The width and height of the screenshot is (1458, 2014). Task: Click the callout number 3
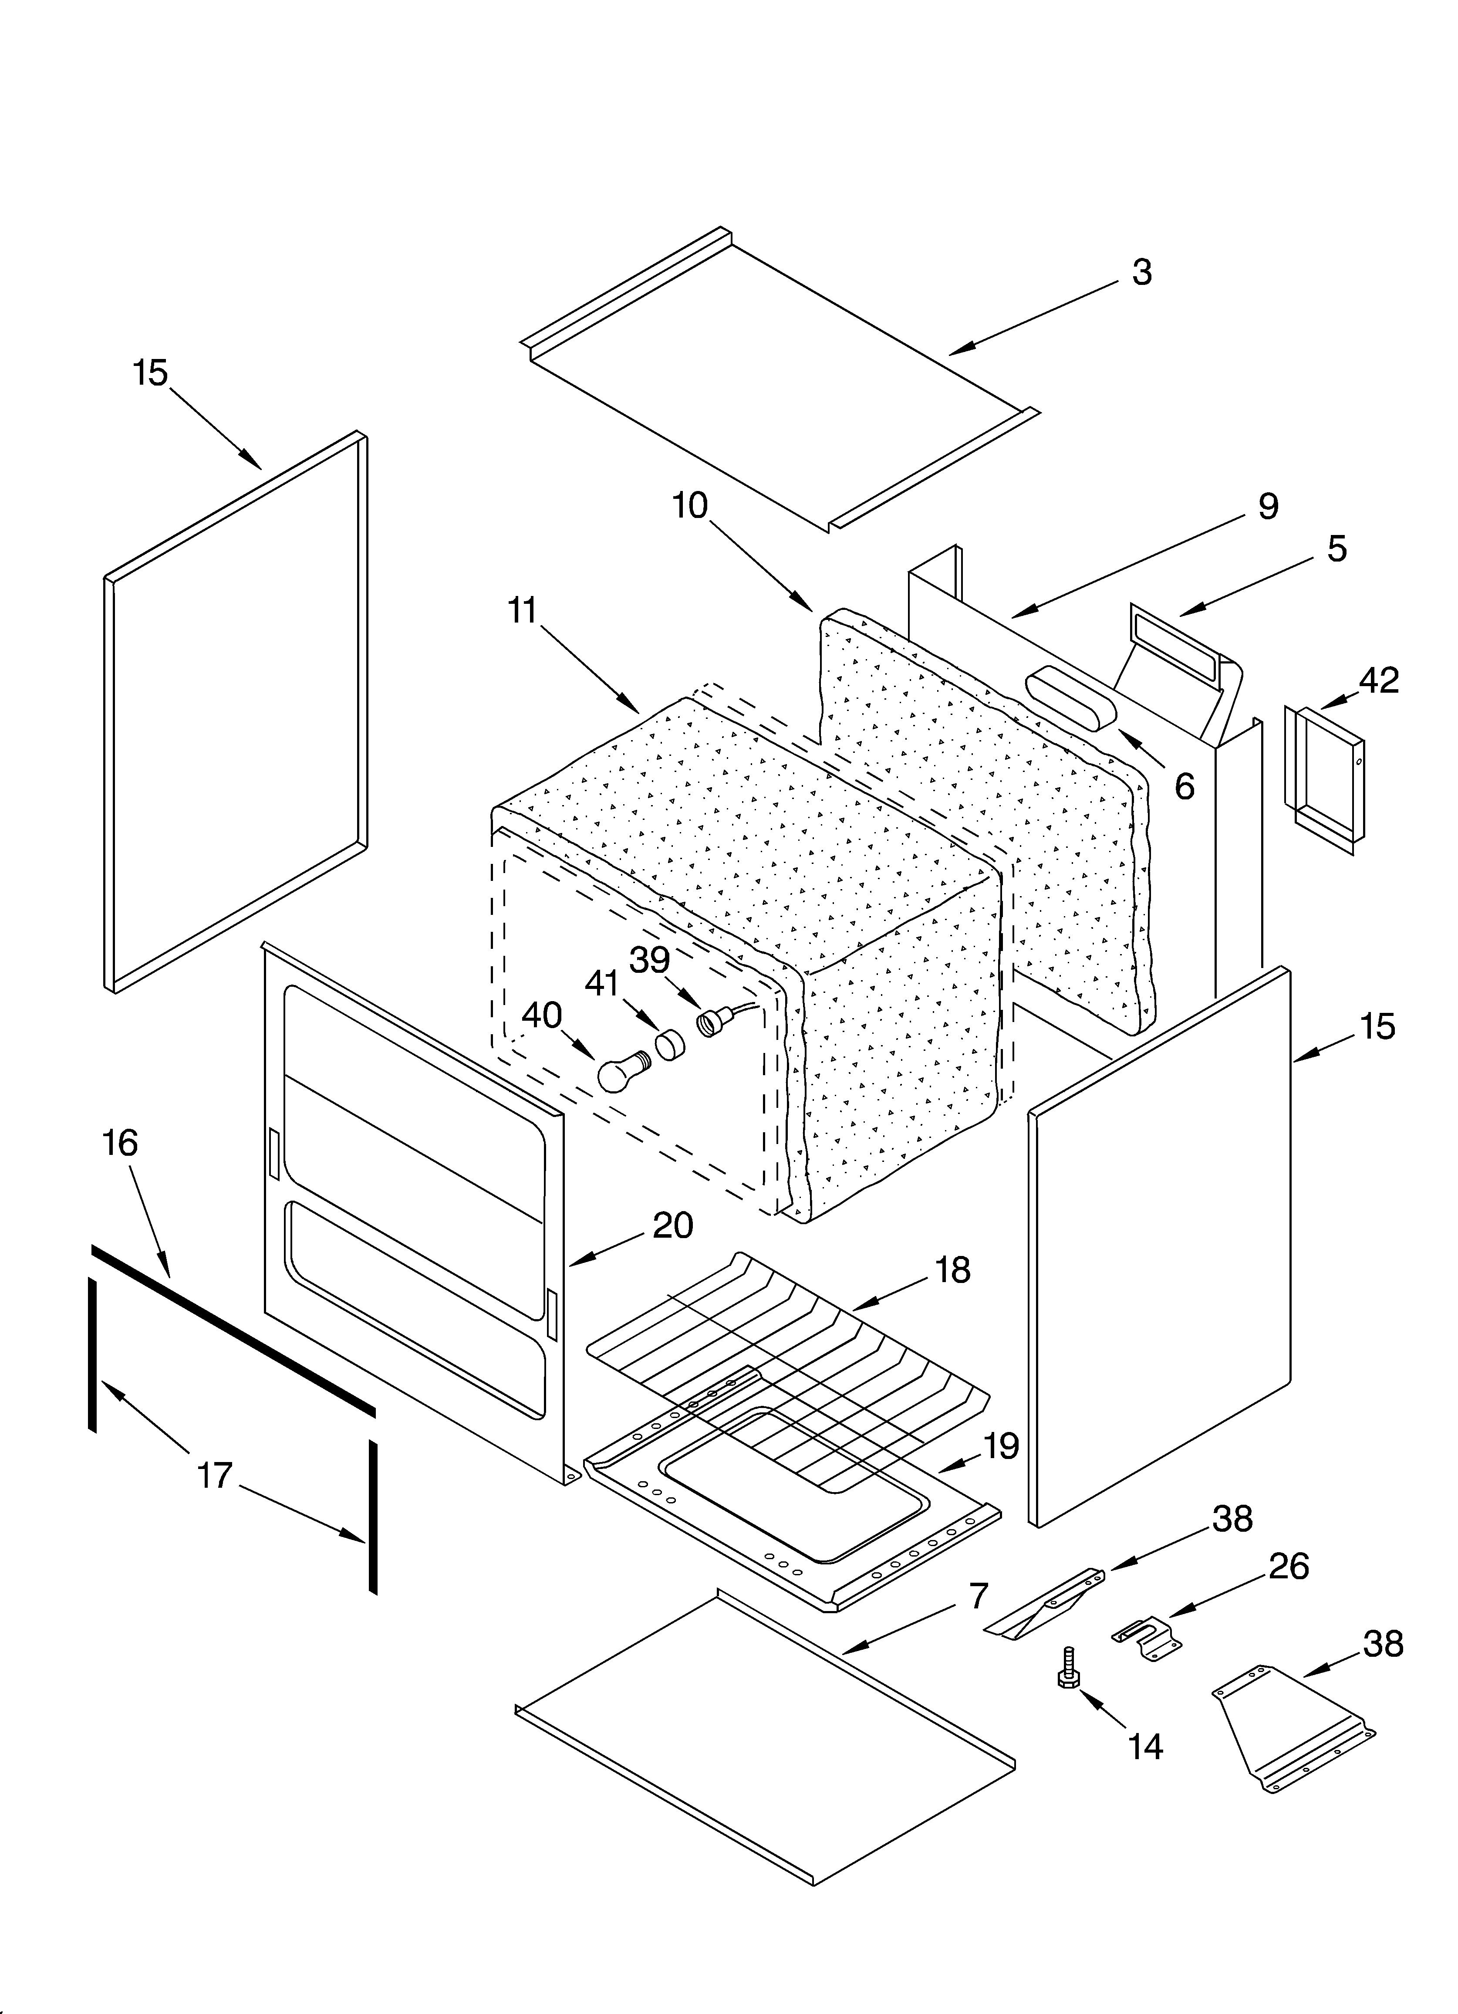coord(1142,273)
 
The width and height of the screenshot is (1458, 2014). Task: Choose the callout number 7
coord(978,1596)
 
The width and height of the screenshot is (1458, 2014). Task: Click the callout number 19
coord(1001,1446)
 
